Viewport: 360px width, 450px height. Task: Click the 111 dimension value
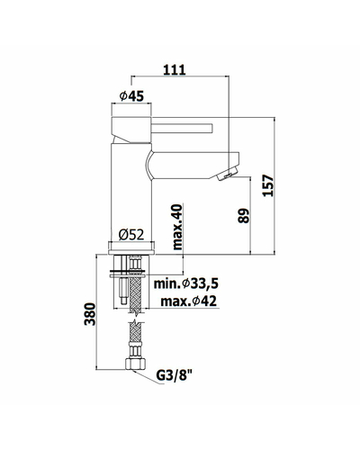pyautogui.click(x=175, y=69)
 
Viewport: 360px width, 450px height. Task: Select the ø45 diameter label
pyautogui.click(x=131, y=96)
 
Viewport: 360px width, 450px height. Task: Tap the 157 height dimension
pyautogui.click(x=268, y=185)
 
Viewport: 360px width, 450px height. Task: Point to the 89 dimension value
pyautogui.click(x=244, y=216)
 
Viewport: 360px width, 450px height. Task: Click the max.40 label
pyautogui.click(x=177, y=227)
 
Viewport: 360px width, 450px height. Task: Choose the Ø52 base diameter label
pyautogui.click(x=131, y=234)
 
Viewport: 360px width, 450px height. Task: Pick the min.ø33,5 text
pyautogui.click(x=186, y=283)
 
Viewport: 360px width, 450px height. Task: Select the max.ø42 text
pyautogui.click(x=188, y=301)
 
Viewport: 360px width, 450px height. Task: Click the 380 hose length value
pyautogui.click(x=90, y=314)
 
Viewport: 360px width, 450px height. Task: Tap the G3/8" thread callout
pyautogui.click(x=175, y=375)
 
